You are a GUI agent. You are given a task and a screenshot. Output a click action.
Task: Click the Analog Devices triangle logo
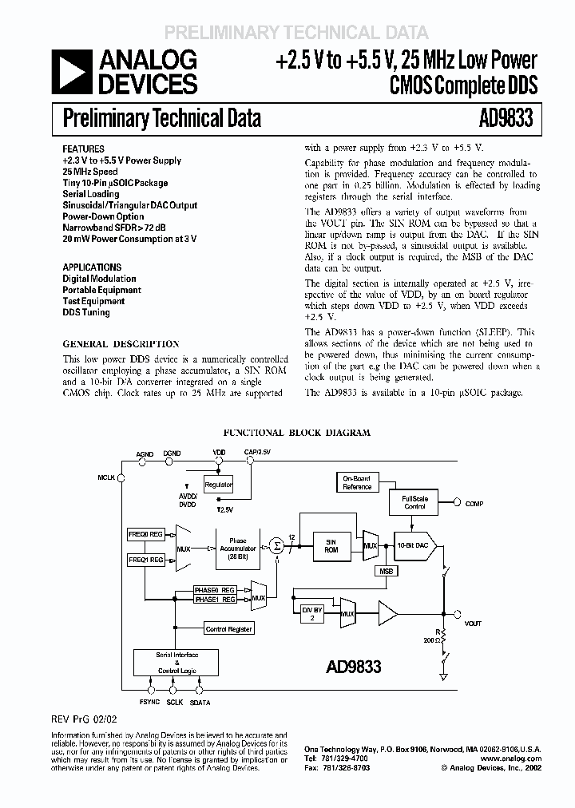(71, 72)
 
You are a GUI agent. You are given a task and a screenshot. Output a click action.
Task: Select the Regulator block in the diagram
(219, 485)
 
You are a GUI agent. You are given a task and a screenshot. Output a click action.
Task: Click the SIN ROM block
(331, 545)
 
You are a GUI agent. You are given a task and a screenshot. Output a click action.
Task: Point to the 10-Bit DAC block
(412, 545)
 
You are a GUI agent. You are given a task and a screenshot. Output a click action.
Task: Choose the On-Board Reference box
(357, 482)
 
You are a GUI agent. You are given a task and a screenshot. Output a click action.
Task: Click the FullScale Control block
(414, 502)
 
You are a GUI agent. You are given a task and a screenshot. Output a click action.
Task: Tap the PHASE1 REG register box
(215, 599)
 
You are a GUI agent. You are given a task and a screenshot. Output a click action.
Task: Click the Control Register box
(228, 629)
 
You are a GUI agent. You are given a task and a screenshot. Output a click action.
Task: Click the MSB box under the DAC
(387, 571)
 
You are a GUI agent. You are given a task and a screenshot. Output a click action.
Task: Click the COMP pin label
(474, 504)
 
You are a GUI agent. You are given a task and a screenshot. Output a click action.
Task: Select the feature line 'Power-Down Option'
(103, 216)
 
